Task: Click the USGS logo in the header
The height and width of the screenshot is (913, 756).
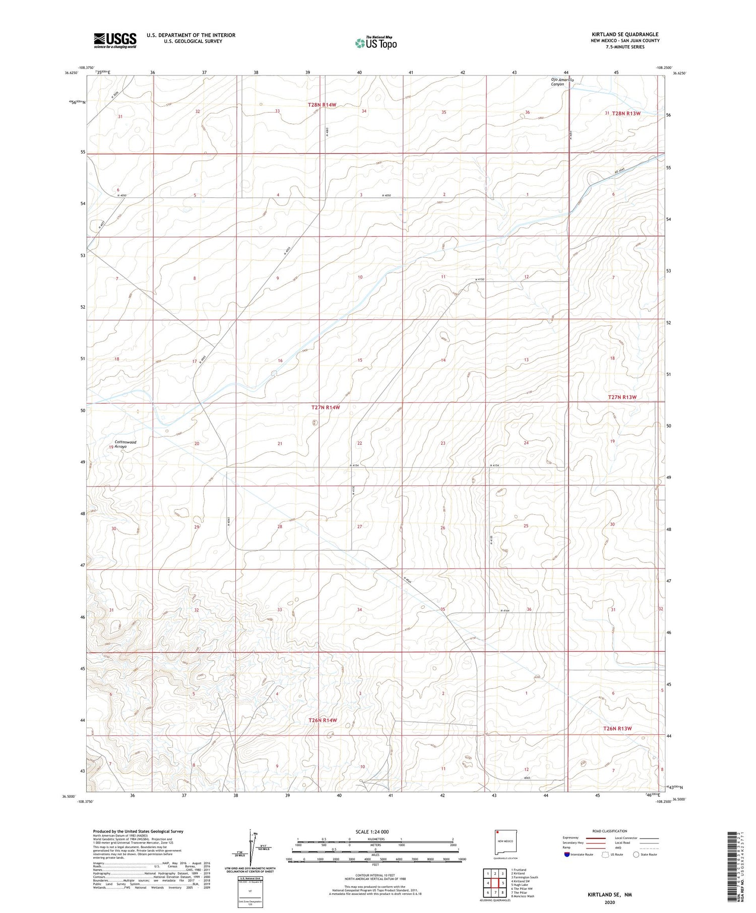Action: pyautogui.click(x=115, y=40)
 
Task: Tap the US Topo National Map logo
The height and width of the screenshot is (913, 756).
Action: pyautogui.click(x=376, y=43)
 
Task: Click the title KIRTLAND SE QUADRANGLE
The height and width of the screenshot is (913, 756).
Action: pyautogui.click(x=625, y=34)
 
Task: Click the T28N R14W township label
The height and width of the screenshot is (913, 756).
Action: pyautogui.click(x=322, y=105)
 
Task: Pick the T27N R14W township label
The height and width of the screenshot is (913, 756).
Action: pyautogui.click(x=326, y=407)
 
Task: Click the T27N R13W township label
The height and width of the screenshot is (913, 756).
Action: pyautogui.click(x=622, y=397)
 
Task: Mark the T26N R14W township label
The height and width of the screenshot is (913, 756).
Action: pyautogui.click(x=322, y=720)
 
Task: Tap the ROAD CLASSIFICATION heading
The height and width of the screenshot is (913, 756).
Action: pyautogui.click(x=610, y=831)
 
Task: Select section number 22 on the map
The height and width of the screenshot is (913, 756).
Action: pyautogui.click(x=359, y=443)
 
